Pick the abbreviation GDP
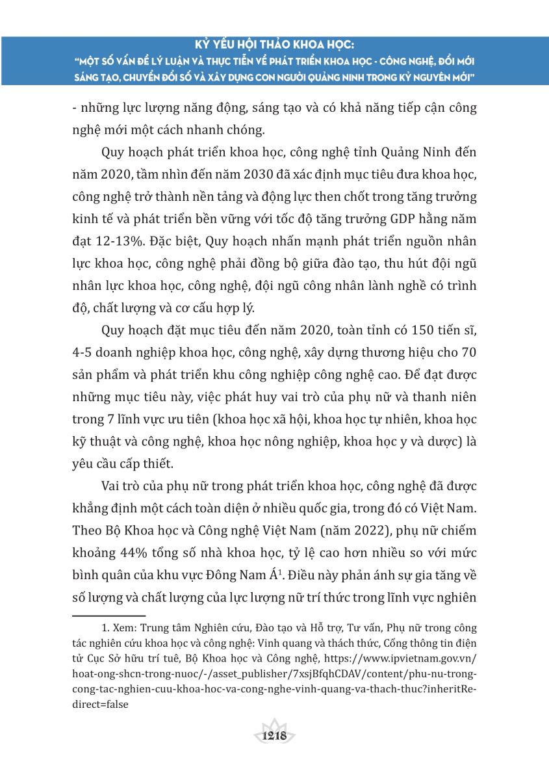coord(388,220)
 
